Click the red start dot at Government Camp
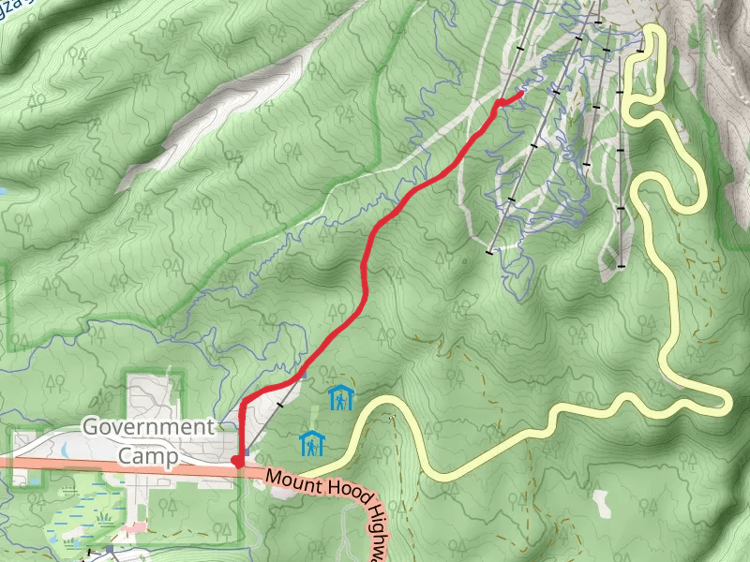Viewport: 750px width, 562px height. pos(236,460)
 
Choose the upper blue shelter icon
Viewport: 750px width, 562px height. pos(340,397)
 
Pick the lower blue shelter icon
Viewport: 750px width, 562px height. pos(311,443)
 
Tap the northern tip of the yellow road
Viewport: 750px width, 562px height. pos(653,30)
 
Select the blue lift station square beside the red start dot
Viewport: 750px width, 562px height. pos(246,450)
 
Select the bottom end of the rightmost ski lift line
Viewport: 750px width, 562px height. pos(620,266)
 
